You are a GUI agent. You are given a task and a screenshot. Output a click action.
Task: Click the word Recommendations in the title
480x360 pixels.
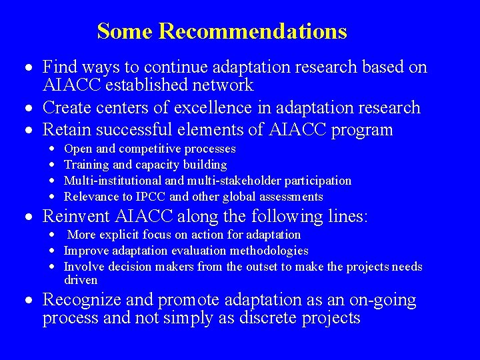coord(253,31)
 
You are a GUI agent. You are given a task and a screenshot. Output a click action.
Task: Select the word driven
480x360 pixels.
coord(81,280)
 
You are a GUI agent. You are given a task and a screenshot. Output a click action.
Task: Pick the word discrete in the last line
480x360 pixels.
coord(258,319)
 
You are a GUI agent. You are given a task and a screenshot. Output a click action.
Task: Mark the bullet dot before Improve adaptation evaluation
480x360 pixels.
coord(53,251)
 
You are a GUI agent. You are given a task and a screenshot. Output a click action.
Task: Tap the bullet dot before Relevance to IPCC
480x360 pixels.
coord(53,197)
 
